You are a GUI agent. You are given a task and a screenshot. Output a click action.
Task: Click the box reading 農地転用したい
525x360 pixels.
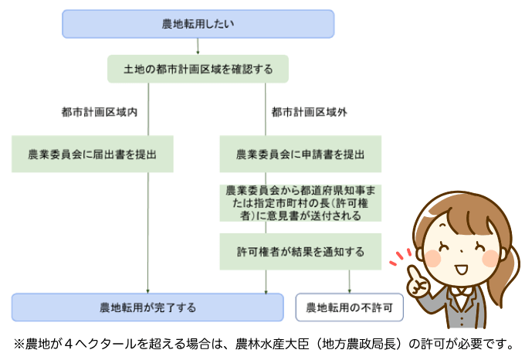tap(198, 24)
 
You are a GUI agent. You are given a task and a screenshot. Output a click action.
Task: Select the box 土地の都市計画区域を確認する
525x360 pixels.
tap(198, 69)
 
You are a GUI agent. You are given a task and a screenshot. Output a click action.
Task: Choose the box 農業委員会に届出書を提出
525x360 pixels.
tap(92, 155)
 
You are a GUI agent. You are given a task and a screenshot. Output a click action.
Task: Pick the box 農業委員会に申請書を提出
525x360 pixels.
tap(300, 155)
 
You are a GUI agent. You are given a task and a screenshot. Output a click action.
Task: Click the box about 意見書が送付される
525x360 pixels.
tap(300, 202)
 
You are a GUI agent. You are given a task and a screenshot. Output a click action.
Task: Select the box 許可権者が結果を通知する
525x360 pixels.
tap(300, 252)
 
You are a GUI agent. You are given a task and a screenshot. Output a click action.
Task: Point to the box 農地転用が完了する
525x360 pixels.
tap(147, 307)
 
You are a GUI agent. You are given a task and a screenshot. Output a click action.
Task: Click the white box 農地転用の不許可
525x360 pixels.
tap(350, 307)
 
